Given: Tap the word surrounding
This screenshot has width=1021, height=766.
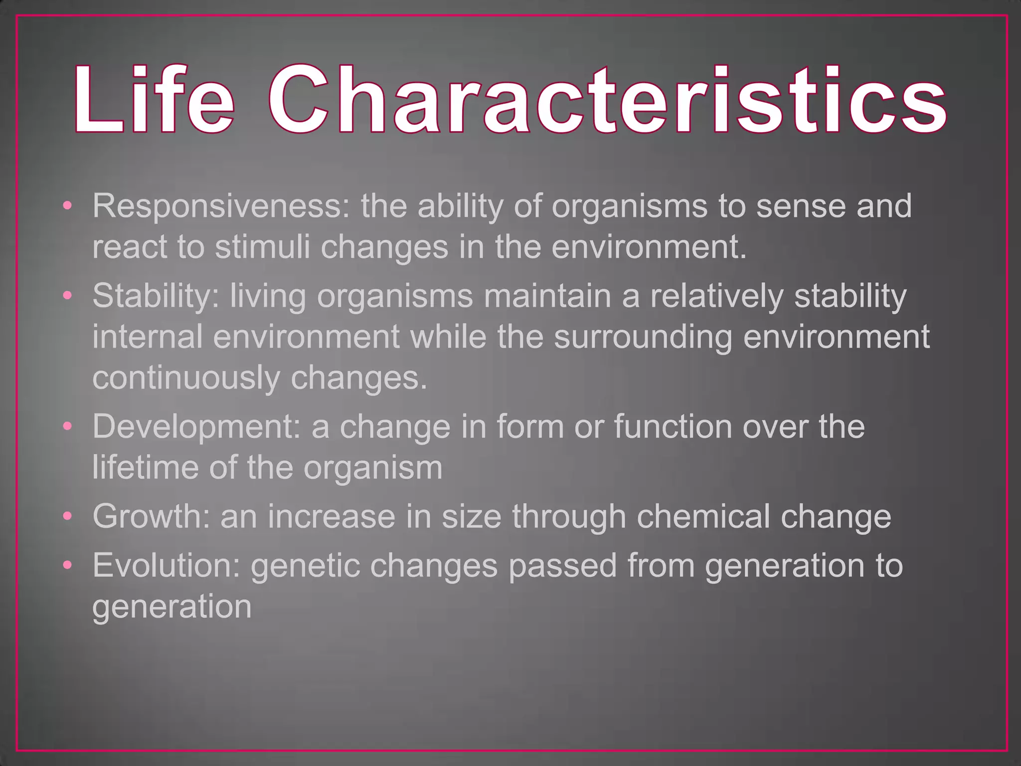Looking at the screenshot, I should click(643, 337).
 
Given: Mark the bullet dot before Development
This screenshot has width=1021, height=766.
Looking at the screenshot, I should click(68, 426).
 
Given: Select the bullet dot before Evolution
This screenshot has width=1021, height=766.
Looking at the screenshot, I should click(68, 565).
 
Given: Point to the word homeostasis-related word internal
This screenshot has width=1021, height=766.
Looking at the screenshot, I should click(148, 337).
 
